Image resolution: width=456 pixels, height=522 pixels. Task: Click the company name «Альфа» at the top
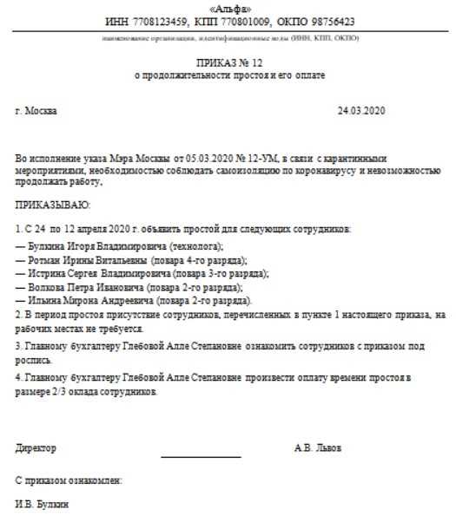[228, 7]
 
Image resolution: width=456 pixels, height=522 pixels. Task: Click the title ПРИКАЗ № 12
[228, 63]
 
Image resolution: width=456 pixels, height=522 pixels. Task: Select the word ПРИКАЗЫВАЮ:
[52, 205]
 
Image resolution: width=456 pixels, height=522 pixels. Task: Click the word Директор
[36, 447]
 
